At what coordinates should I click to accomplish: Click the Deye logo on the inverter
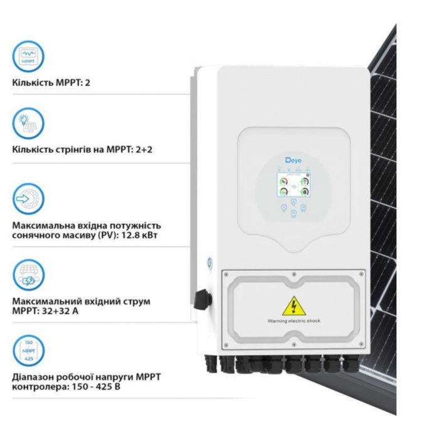[293, 161]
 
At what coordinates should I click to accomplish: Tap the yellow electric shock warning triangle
[294, 306]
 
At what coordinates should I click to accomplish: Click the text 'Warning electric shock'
[294, 321]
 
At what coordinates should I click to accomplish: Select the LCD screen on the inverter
[294, 185]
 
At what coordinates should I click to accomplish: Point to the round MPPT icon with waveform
[28, 56]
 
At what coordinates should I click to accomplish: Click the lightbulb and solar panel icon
[28, 124]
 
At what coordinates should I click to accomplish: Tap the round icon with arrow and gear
[28, 199]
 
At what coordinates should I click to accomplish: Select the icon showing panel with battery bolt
[28, 275]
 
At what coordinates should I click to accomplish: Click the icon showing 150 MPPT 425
[28, 351]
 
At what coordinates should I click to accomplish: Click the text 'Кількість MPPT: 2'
[51, 83]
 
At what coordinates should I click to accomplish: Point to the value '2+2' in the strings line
[143, 149]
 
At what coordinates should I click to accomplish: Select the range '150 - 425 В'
[96, 387]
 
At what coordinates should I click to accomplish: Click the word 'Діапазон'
[33, 377]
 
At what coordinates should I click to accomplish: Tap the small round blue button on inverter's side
[209, 262]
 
